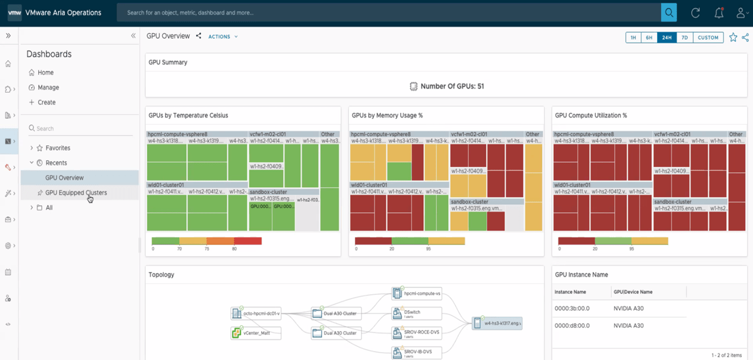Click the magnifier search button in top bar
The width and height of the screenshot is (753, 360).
tap(669, 12)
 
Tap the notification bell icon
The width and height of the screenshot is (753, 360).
tap(719, 12)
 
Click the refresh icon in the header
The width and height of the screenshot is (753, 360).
tap(695, 12)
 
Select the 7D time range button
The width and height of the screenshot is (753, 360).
tap(684, 37)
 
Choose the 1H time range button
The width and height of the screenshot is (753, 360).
tap(633, 37)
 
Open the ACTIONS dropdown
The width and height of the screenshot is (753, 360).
tap(223, 37)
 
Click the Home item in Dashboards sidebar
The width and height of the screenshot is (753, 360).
tap(45, 72)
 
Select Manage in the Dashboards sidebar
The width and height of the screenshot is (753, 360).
tap(48, 87)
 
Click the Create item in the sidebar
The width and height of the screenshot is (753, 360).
tap(47, 102)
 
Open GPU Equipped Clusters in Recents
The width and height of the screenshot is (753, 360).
tap(76, 192)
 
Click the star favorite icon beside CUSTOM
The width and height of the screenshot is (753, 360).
tap(733, 37)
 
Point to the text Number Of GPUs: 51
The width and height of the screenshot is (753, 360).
tap(452, 86)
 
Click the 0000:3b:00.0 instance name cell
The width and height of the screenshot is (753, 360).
tap(572, 308)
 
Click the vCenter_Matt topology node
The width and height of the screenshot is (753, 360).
tap(256, 333)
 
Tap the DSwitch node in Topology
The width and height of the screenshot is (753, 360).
tap(412, 313)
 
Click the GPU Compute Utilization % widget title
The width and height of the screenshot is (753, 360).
tap(591, 116)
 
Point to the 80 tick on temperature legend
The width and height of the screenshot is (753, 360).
tap(235, 249)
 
